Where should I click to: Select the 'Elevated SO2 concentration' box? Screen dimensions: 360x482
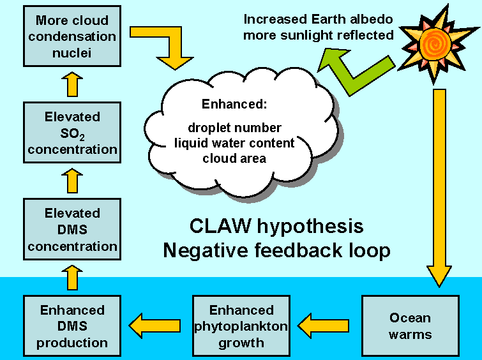pyautogui.click(x=72, y=133)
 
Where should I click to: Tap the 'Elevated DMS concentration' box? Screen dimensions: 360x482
pyautogui.click(x=72, y=230)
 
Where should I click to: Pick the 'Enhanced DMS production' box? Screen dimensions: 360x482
pyautogui.click(x=72, y=326)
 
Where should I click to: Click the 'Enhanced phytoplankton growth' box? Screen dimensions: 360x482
pyautogui.click(x=241, y=326)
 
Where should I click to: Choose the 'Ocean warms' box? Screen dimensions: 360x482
pyautogui.click(x=410, y=326)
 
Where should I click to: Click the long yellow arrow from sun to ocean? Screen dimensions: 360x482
pyautogui.click(x=440, y=185)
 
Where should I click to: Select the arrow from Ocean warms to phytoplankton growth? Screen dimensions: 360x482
pyautogui.click(x=324, y=326)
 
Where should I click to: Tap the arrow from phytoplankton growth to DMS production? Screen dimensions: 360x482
pyautogui.click(x=155, y=326)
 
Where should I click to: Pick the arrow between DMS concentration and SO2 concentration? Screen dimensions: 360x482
pyautogui.click(x=72, y=181)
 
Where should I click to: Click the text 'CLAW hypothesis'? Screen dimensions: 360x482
pyautogui.click(x=276, y=226)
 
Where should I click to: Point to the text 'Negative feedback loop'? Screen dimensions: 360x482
pyautogui.click(x=276, y=250)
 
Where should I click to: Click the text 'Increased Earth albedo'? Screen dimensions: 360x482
pyautogui.click(x=317, y=20)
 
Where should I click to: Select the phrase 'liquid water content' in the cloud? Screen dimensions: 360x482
pyautogui.click(x=234, y=143)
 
